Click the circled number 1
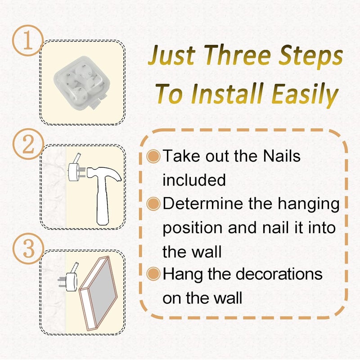pyautogui.click(x=28, y=40)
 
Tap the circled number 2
pyautogui.click(x=28, y=144)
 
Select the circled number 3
pyautogui.click(x=28, y=249)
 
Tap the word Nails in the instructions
pyautogui.click(x=282, y=156)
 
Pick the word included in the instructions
pyautogui.click(x=194, y=180)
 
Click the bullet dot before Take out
pyautogui.click(x=153, y=156)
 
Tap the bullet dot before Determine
pyautogui.click(x=153, y=204)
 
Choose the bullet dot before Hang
pyautogui.click(x=153, y=274)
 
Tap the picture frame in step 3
pyautogui.click(x=98, y=293)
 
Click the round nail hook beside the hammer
pyautogui.click(x=75, y=170)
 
